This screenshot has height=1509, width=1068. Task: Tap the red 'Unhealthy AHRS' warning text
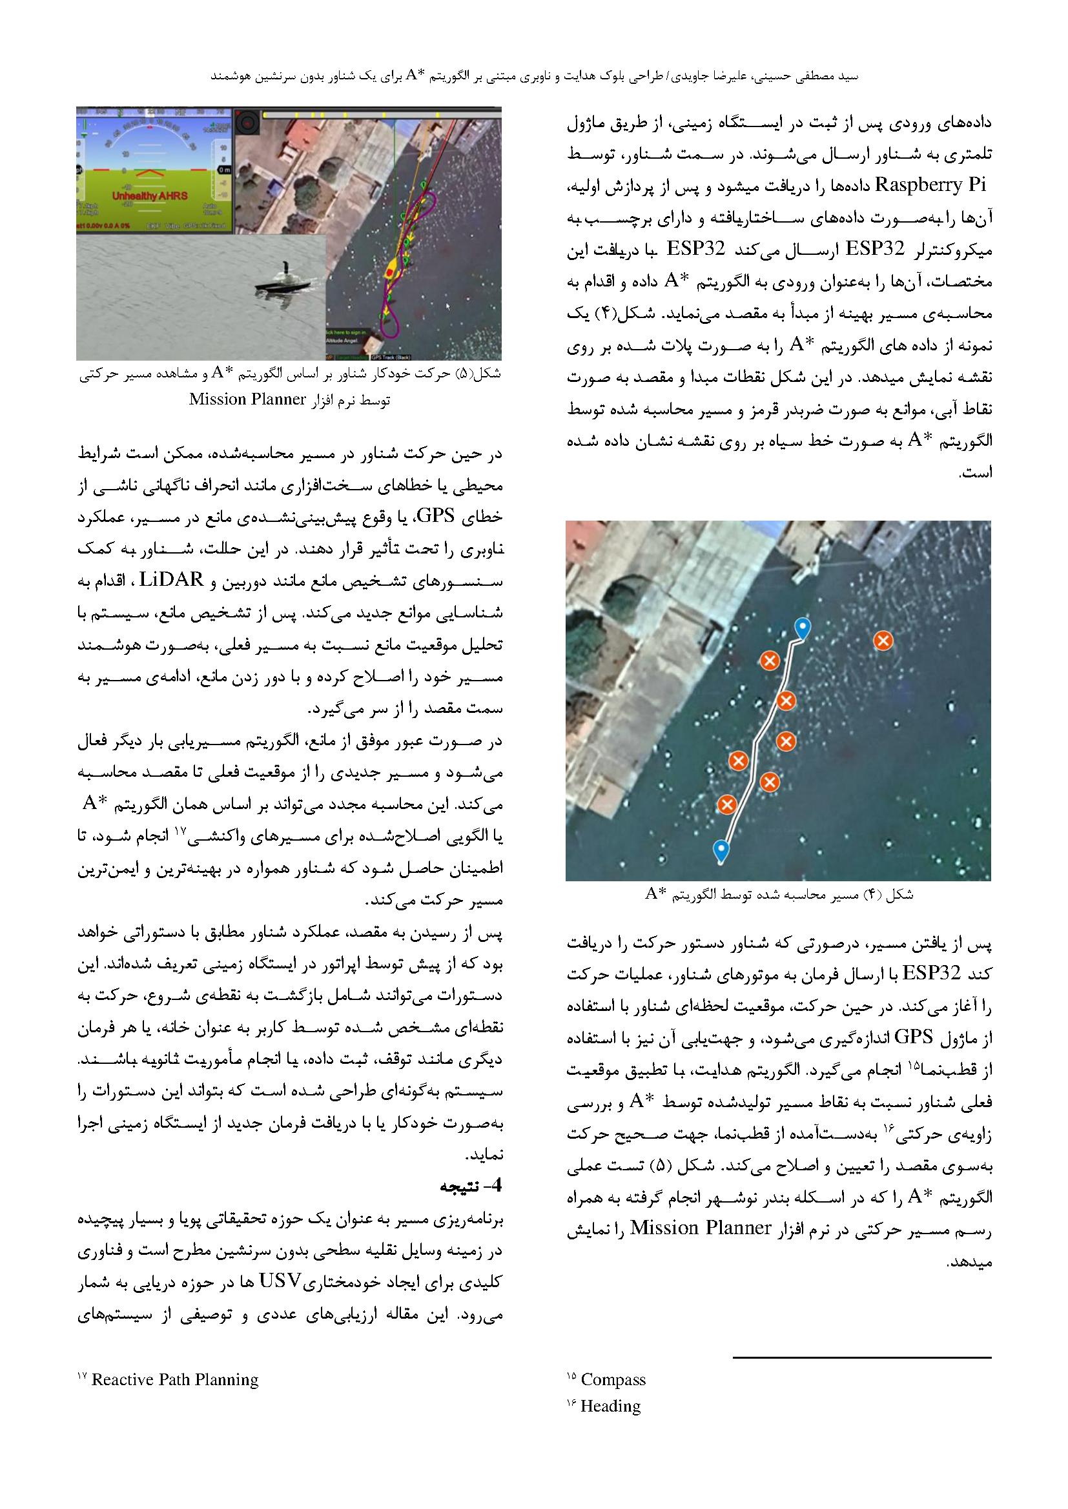(149, 196)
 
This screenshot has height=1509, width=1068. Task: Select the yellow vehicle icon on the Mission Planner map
(392, 270)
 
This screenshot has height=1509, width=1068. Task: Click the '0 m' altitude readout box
(225, 170)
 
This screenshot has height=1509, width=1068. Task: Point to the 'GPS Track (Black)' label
(388, 357)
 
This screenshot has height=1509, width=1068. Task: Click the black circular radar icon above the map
(248, 120)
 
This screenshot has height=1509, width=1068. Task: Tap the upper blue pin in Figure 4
(801, 627)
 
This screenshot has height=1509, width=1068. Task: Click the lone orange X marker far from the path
(883, 641)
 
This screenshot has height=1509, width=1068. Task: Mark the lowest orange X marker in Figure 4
(726, 804)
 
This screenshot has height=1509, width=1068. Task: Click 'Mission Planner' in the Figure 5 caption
(248, 399)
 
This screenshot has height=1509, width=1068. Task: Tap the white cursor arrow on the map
(447, 305)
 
